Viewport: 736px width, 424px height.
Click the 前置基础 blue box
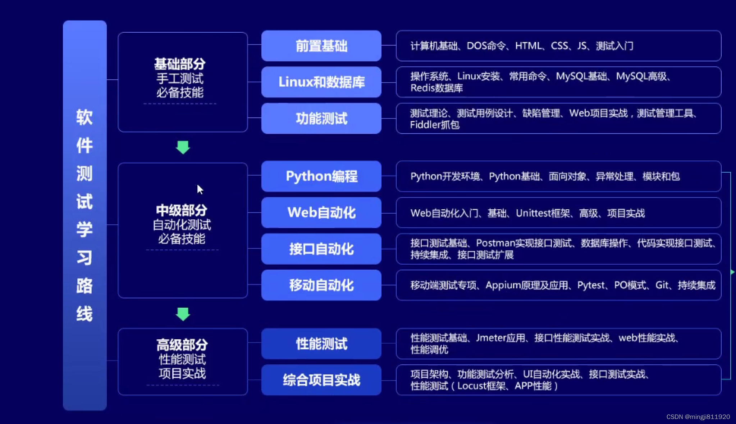tap(321, 46)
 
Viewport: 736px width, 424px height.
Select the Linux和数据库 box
tap(321, 82)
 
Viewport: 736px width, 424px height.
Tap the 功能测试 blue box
tap(321, 118)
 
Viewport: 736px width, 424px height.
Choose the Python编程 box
tap(321, 176)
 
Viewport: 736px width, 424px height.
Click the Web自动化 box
tap(321, 213)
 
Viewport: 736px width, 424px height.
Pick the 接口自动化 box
tap(321, 249)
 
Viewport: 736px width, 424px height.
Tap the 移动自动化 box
tap(321, 285)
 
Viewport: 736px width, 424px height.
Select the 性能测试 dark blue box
tap(321, 344)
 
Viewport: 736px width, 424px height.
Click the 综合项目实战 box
tap(321, 380)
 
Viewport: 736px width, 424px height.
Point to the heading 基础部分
tap(180, 64)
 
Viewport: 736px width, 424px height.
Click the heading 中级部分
tap(182, 210)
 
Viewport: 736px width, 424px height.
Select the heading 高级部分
tap(182, 345)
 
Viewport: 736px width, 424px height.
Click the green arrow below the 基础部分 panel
tap(183, 147)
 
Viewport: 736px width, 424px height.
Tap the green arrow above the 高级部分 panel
tap(183, 314)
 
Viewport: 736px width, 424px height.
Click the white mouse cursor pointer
tap(200, 189)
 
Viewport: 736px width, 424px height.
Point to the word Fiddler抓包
tap(435, 125)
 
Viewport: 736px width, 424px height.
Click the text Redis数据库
tap(436, 88)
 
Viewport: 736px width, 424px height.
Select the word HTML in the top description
tap(528, 46)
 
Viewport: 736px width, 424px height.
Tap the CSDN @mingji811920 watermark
tap(698, 417)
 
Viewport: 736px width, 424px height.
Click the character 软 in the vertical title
tap(84, 117)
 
